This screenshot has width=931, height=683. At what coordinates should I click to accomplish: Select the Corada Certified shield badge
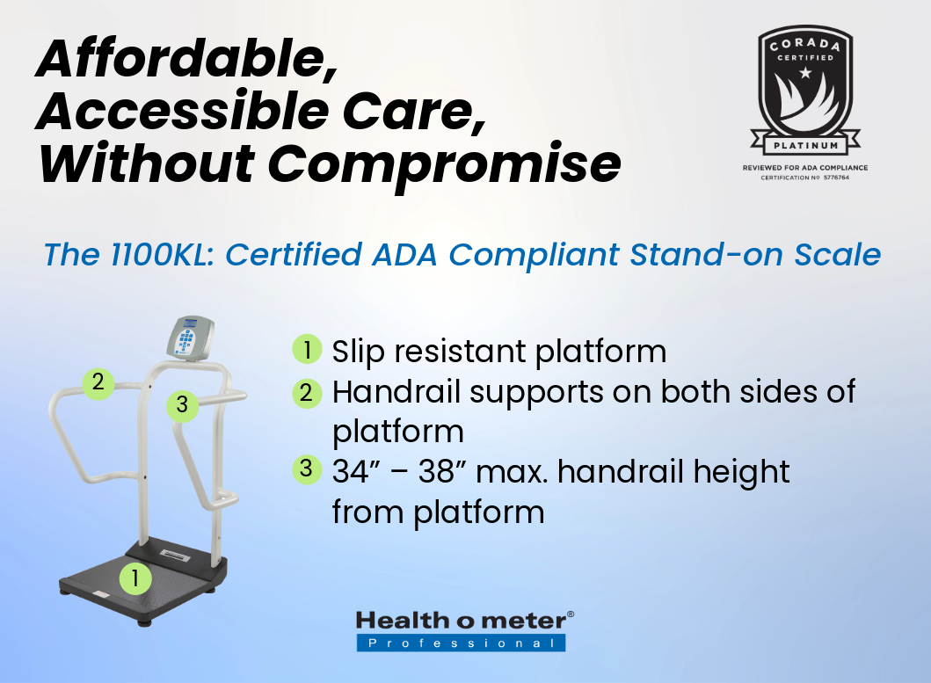805,88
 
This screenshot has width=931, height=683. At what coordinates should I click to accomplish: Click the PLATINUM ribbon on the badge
805,145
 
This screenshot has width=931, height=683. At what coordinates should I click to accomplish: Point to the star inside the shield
805,73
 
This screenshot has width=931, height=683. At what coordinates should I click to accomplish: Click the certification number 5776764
836,178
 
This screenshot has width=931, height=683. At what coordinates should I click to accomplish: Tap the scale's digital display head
190,338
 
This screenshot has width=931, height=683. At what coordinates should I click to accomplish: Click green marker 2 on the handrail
98,382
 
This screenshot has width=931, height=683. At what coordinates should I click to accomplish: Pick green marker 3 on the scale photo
182,405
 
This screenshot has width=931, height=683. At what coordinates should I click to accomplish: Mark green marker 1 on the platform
135,578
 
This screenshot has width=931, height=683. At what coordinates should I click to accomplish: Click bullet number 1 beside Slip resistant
307,349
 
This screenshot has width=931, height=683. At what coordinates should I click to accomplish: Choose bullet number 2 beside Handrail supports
307,393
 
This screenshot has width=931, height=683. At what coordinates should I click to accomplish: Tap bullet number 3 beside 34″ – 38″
307,469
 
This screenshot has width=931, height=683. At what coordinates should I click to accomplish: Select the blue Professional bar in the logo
461,643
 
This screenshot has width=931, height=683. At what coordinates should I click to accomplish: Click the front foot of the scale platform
144,621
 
